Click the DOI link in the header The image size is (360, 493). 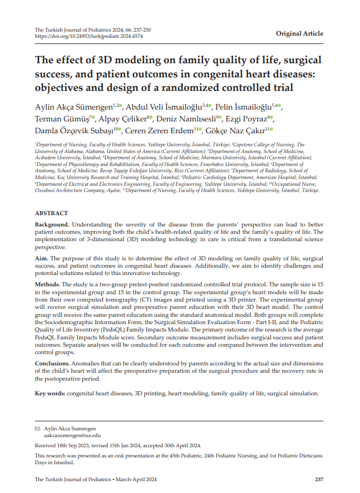pyautogui.click(x=89, y=36)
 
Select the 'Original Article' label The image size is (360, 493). pyautogui.click(x=299, y=33)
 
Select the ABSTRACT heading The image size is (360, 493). pyautogui.click(x=51, y=213)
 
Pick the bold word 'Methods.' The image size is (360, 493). pyautogui.click(x=47, y=283)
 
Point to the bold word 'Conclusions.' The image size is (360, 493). pyautogui.click(x=52, y=363)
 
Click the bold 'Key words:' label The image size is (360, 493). pyautogui.click(x=50, y=393)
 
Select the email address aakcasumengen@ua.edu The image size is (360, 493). pyautogui.click(x=72, y=436)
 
